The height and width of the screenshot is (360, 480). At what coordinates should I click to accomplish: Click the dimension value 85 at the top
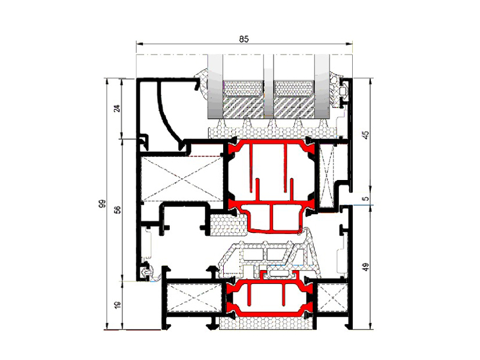(x=244, y=39)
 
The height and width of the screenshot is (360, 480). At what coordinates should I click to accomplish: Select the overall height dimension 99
(x=102, y=204)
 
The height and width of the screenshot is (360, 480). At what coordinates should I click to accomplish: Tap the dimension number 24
(x=117, y=109)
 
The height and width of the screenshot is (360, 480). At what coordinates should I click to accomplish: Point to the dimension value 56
(x=117, y=209)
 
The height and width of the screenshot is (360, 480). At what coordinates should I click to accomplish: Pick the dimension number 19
(x=117, y=305)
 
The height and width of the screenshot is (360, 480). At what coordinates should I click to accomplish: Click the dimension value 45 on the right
(x=366, y=134)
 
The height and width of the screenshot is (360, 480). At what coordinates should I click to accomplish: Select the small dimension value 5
(x=366, y=199)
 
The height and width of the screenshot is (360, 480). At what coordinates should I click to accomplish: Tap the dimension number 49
(x=366, y=267)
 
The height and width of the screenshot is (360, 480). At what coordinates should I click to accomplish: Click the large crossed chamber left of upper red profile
(x=182, y=179)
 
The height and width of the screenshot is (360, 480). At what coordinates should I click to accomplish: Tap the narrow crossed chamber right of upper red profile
(x=327, y=176)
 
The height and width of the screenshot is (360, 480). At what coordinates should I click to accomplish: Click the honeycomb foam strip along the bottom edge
(x=266, y=323)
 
